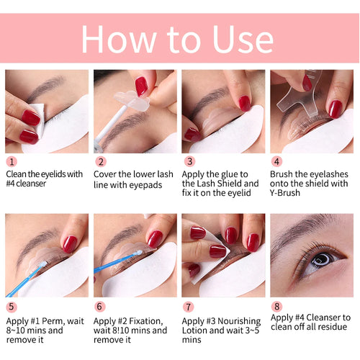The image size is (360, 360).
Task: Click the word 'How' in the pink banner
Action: [x=127, y=39]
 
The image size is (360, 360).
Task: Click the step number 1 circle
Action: [x=11, y=162]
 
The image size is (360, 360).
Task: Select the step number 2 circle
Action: [x=101, y=162]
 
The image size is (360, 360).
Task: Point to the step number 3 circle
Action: [x=189, y=162]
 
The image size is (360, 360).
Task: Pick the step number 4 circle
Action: [x=277, y=162]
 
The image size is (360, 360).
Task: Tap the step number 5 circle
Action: [x=11, y=306]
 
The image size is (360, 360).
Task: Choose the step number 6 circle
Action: [x=101, y=306]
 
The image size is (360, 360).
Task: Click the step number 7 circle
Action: [x=189, y=306]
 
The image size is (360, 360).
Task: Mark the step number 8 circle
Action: [x=277, y=306]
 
